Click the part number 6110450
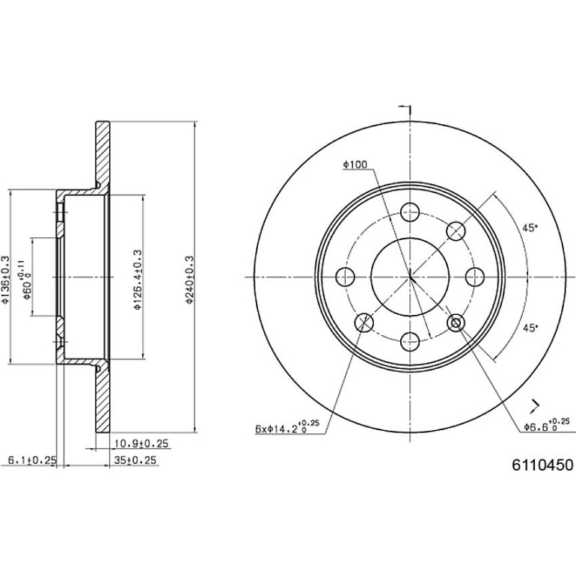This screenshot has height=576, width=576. [x=542, y=465]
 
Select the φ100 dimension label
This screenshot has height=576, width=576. [x=355, y=165]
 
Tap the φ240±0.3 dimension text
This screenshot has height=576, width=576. [x=189, y=280]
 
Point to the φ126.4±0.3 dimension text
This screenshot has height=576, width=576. [x=138, y=280]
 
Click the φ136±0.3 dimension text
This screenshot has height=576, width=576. [x=5, y=280]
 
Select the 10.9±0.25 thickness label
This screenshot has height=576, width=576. [x=141, y=444]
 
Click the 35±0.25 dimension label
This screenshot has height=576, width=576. [x=135, y=460]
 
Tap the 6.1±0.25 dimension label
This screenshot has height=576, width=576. [x=32, y=459]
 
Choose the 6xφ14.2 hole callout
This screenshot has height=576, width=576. [x=287, y=426]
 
